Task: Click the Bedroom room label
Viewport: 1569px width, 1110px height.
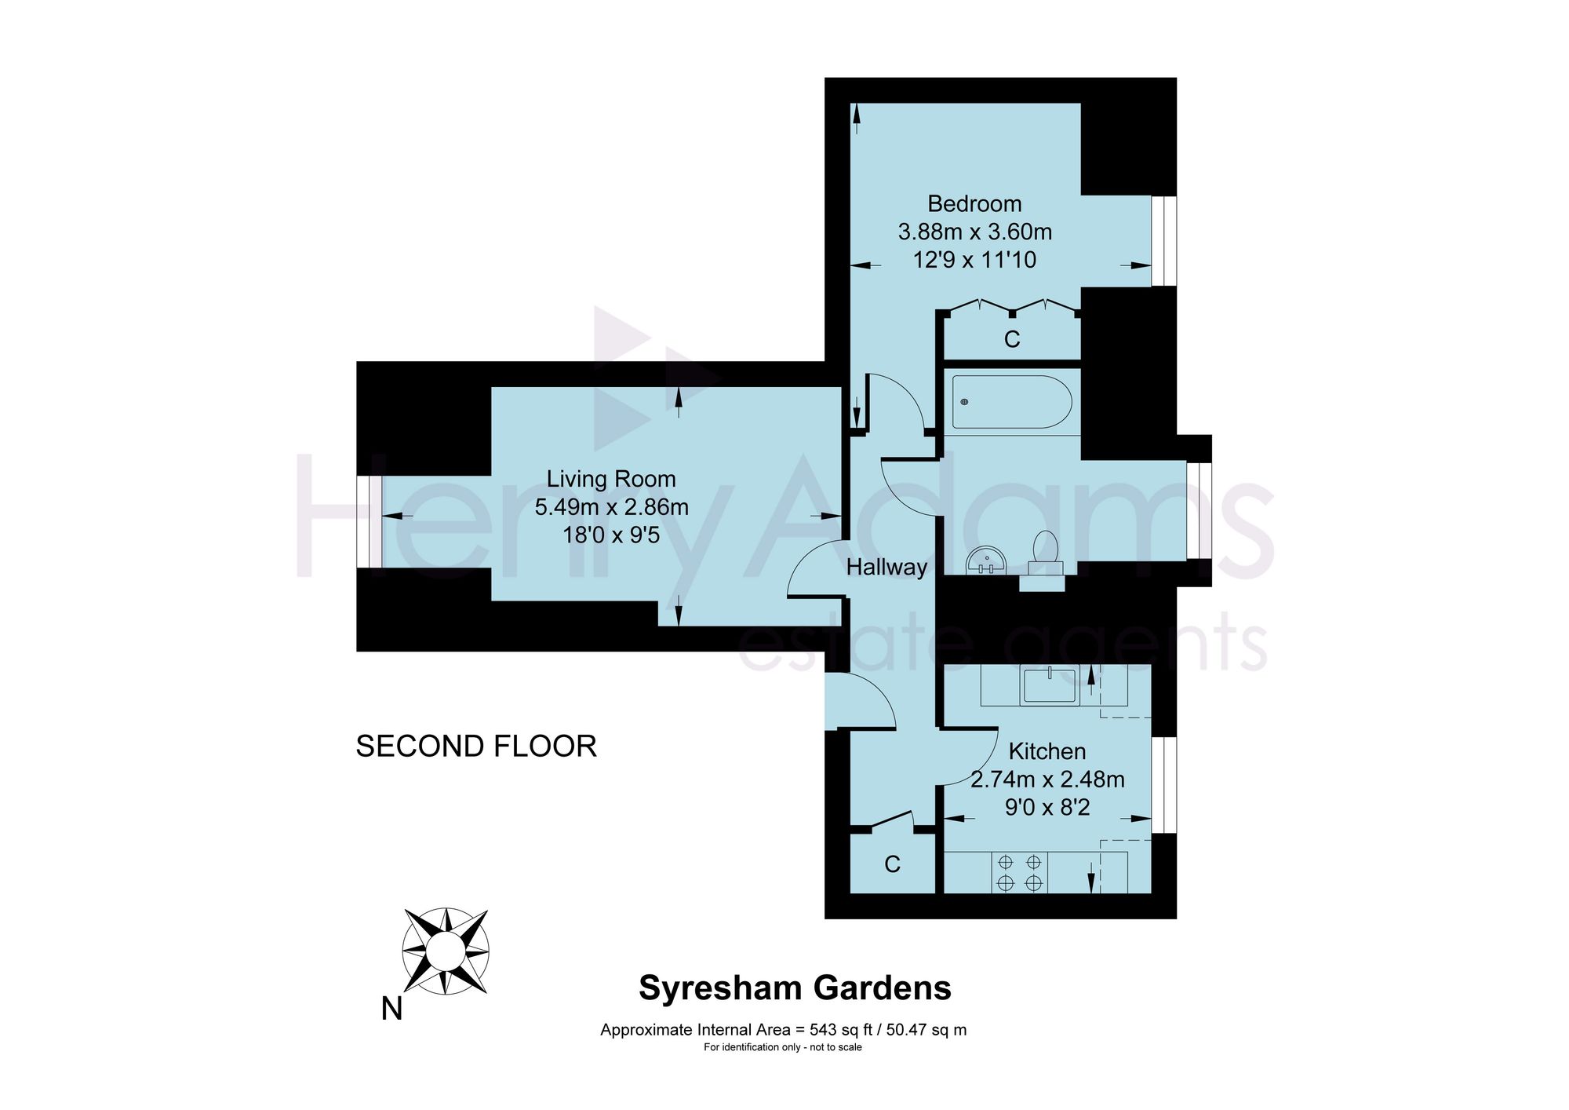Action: coord(974,204)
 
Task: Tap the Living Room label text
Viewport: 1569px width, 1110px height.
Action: coord(611,479)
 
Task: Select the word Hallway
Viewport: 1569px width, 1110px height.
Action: coord(886,567)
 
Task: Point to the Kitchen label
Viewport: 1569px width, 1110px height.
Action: coord(1047,751)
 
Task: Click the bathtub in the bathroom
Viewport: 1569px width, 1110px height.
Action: coord(1012,401)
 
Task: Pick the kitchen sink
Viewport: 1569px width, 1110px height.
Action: coord(1050,685)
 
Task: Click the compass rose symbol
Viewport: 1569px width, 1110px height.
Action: coord(446,951)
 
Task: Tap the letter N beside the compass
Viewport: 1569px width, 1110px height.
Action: coord(391,1009)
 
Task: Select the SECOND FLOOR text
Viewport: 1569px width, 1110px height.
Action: coord(476,746)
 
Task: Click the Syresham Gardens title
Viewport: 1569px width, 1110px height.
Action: coord(795,988)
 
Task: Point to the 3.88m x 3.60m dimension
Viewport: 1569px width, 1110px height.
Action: coord(975,232)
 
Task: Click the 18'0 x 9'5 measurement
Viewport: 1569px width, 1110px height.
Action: coord(611,535)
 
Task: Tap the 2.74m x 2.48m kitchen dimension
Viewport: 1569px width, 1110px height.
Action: coord(1047,780)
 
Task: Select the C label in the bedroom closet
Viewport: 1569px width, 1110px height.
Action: coord(1012,339)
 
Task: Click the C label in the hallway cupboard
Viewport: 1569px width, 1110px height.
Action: coord(892,864)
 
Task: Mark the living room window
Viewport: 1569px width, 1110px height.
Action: coord(369,521)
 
